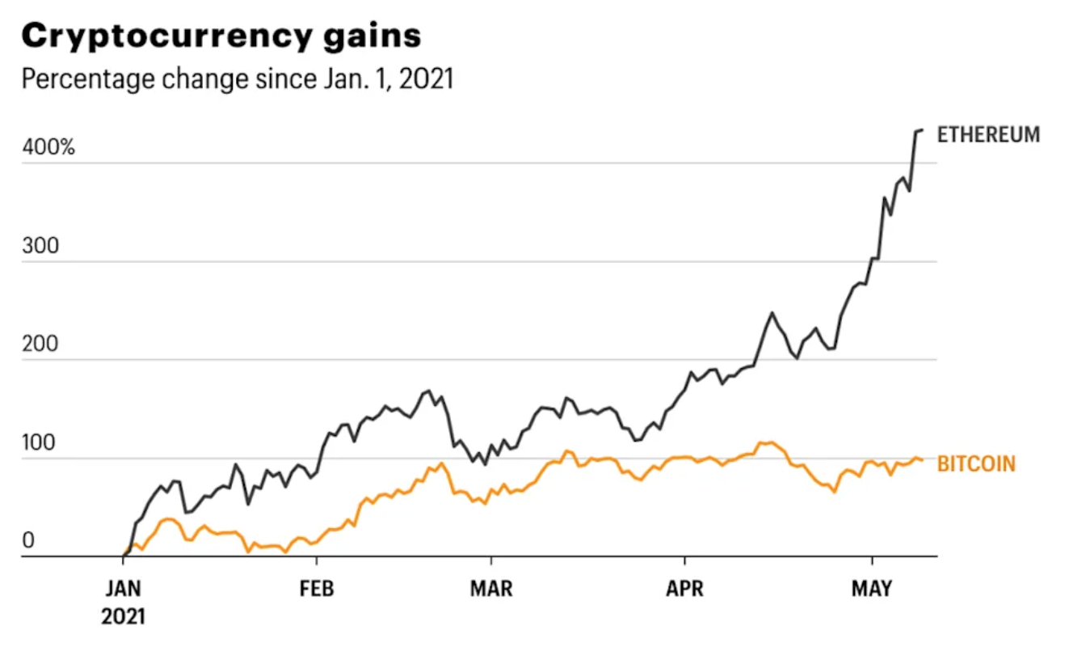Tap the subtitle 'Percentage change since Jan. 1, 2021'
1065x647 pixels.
coord(237,80)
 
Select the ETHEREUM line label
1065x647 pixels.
coord(988,135)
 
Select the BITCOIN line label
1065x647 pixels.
coord(976,463)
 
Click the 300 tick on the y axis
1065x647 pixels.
coord(41,246)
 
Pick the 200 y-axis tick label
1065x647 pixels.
coord(41,345)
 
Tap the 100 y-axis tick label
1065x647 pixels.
coord(40,443)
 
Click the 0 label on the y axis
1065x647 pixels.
coord(28,540)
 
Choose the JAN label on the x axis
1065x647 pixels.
coord(124,589)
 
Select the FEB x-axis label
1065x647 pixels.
coord(317,589)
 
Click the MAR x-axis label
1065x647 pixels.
coord(490,589)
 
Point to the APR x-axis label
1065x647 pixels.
coord(684,589)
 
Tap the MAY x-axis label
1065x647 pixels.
coord(872,589)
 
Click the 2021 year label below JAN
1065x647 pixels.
coord(124,617)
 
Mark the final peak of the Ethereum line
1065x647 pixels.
coord(921,129)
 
